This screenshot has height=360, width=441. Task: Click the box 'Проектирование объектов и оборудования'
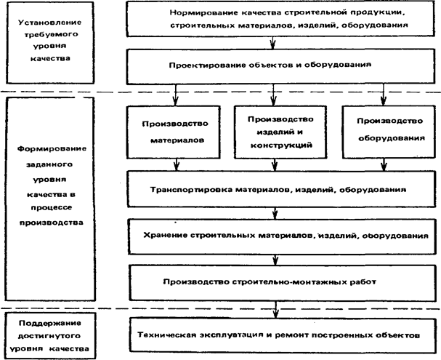tap(272, 65)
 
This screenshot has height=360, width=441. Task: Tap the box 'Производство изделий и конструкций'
tap(280, 131)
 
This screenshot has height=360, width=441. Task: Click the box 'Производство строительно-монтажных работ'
tap(272, 281)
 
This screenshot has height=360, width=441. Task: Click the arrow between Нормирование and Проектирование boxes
tap(273, 44)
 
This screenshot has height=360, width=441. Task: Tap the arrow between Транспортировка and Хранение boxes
tap(273, 212)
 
